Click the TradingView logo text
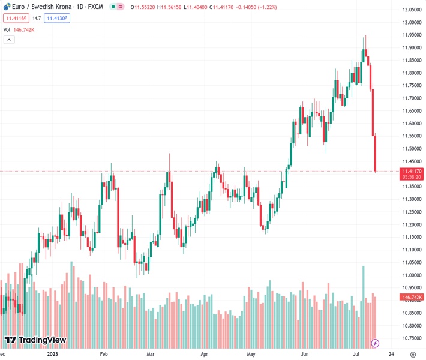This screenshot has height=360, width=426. point(42,340)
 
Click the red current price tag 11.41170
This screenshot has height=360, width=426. point(412,172)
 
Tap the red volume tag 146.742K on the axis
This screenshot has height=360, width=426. point(412,297)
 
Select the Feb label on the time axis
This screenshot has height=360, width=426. point(103,354)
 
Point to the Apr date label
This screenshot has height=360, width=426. point(205,354)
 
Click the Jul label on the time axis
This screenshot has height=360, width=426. point(356,354)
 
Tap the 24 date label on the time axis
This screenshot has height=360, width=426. point(391,354)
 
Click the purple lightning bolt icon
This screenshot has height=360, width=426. point(375,343)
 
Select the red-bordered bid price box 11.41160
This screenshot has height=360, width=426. point(16,18)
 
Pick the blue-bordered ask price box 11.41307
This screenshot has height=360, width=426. point(57,18)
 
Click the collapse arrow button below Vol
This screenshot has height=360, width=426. point(9,40)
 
